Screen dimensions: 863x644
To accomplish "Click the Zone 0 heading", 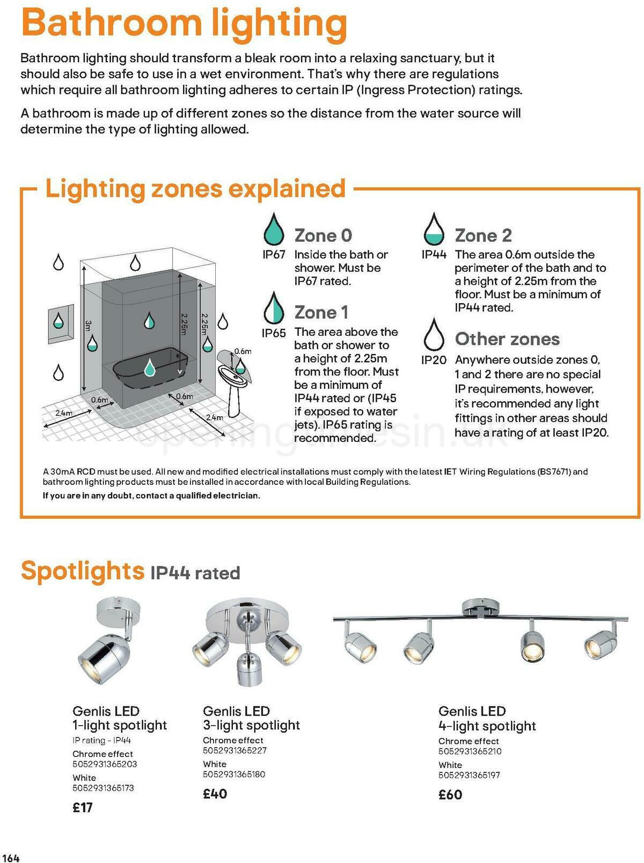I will (323, 235).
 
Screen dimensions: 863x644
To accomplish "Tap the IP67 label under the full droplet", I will (274, 255).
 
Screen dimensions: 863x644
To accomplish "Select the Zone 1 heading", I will (321, 312).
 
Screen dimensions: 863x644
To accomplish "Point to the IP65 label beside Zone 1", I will (274, 333).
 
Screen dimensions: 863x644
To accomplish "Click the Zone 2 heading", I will (483, 235).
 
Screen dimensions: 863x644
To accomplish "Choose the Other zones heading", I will (507, 339).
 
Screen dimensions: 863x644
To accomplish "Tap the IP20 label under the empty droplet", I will (434, 360).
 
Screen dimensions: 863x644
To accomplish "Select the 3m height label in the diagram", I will (88, 326).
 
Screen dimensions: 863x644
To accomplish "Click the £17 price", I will (83, 807).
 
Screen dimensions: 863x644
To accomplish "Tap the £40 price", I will (215, 793).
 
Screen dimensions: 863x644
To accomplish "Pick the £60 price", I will (450, 794).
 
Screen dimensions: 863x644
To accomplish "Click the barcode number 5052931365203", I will (105, 764).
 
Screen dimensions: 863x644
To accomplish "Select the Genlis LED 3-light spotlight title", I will (251, 718).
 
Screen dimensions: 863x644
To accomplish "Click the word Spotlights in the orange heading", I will (82, 570).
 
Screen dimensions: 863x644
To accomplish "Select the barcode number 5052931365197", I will (469, 775).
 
